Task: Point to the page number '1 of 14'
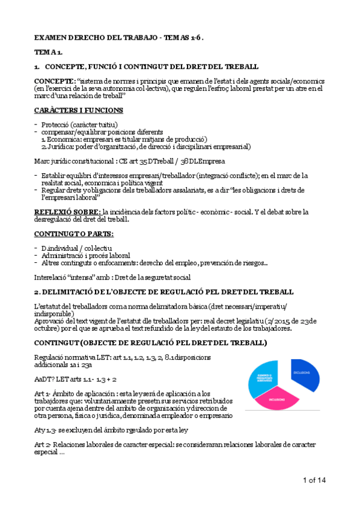pos(314,479)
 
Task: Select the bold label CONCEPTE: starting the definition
pos(55,81)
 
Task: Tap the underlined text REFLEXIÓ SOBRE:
pos(67,212)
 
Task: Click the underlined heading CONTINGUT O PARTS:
pos(73,233)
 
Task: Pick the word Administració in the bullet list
pos(67,255)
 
